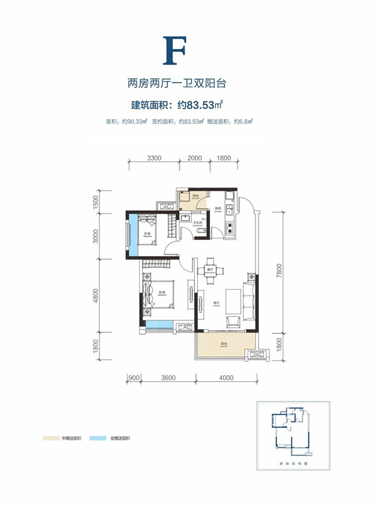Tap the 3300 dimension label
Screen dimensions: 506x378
[155, 158]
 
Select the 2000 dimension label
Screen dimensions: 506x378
[194, 158]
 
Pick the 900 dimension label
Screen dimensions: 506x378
[133, 377]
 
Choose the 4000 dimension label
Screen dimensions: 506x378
[227, 377]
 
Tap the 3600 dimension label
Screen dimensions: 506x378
[168, 377]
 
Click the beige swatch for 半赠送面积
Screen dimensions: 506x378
[51, 439]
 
